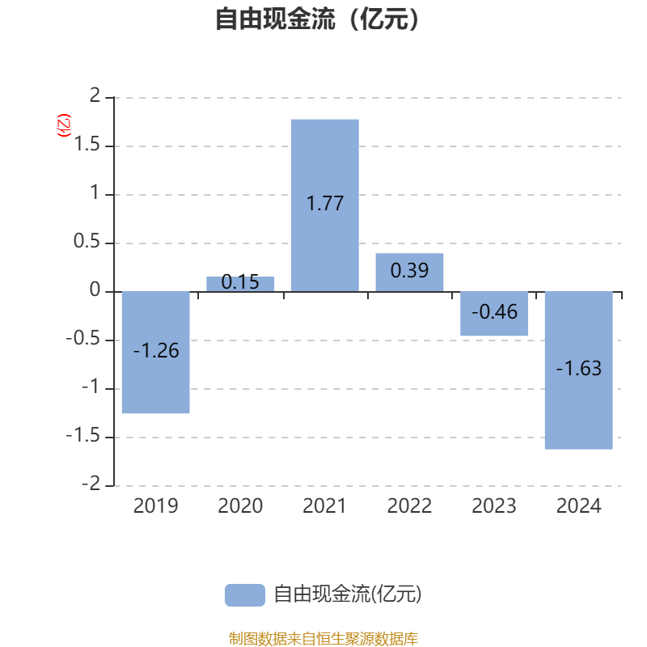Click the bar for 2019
click(x=156, y=353)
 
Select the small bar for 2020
click(x=240, y=285)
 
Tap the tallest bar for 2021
click(x=325, y=205)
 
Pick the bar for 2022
click(x=410, y=273)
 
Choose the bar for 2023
click(x=494, y=314)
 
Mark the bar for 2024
click(x=579, y=370)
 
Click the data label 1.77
click(x=325, y=204)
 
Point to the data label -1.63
click(x=579, y=368)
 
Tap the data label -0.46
click(x=494, y=312)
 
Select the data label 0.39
click(x=410, y=271)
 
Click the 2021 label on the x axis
click(x=325, y=506)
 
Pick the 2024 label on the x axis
click(x=579, y=506)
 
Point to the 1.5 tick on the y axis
click(x=87, y=145)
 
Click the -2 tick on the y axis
click(x=91, y=484)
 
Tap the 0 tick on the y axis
click(x=95, y=290)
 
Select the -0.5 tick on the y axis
click(x=83, y=338)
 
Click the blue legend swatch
click(x=245, y=595)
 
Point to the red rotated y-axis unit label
click(x=64, y=125)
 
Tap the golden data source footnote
click(x=323, y=638)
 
